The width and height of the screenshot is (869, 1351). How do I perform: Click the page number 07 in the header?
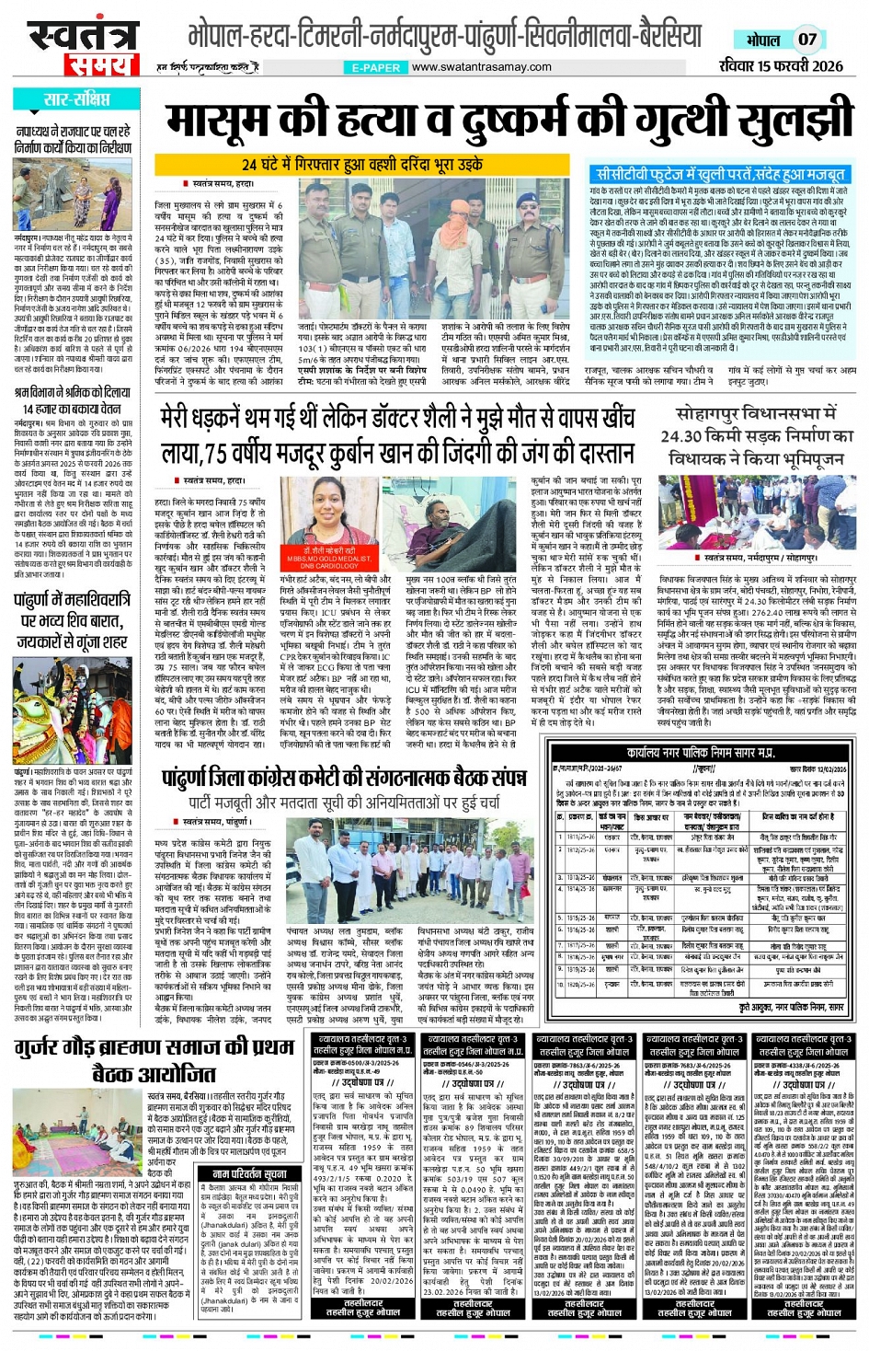coord(806,40)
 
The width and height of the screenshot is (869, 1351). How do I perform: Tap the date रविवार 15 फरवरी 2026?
coord(781,65)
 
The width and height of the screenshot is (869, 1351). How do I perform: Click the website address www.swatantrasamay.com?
coord(482,66)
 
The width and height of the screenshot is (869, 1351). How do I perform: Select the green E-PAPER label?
coord(377,67)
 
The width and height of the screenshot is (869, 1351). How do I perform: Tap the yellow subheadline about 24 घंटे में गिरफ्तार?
coord(362,164)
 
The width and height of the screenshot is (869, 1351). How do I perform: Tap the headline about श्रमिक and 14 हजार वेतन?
coord(73,399)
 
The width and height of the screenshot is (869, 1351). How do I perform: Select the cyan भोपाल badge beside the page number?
coord(762,40)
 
